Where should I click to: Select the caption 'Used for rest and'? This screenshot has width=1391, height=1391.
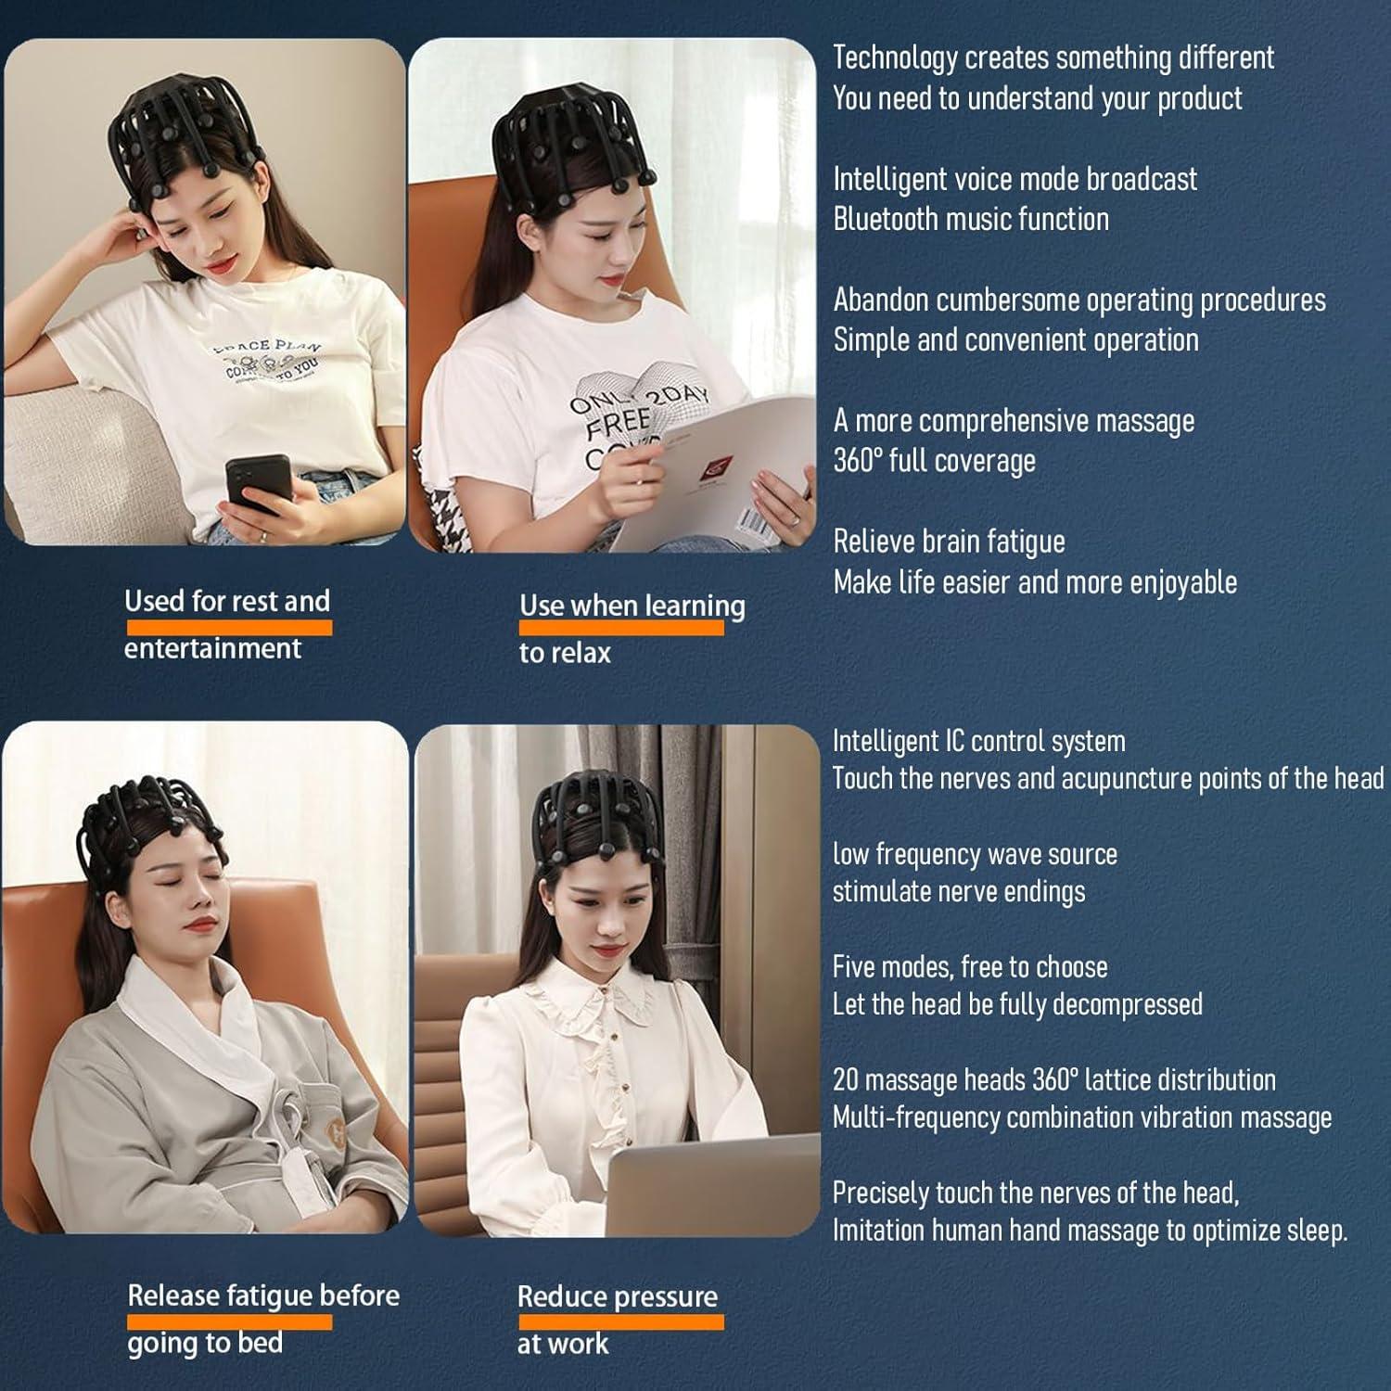pos(227,601)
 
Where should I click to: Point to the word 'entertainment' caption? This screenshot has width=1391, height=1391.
pos(212,648)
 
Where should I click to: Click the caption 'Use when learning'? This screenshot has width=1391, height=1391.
pos(632,606)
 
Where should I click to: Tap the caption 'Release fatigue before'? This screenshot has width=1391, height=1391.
pos(263,1295)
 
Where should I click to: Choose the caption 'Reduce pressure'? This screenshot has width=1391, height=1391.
pos(617,1296)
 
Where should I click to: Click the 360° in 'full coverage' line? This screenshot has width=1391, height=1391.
pos(858,460)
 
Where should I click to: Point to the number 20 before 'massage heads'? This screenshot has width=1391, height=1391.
pos(846,1080)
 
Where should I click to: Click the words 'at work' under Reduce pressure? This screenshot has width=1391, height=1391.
pos(563,1344)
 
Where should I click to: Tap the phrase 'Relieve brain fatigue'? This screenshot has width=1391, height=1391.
pos(949,542)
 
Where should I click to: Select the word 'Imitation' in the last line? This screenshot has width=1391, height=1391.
pos(879,1231)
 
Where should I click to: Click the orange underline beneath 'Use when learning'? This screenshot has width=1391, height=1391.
pos(621,628)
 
